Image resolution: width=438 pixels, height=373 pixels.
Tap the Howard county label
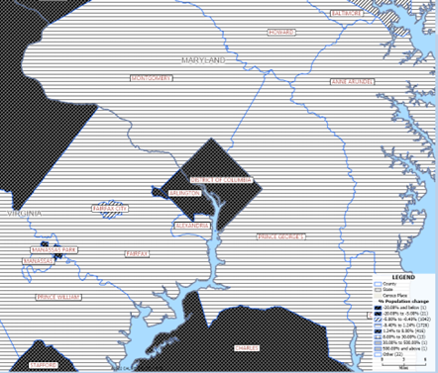281,33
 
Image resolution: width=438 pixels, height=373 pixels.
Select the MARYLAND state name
203,61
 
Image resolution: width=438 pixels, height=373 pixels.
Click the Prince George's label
281,236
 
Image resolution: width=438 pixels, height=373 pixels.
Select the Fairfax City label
109,209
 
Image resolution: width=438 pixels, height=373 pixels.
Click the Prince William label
56,296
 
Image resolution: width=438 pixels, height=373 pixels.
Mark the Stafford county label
43,365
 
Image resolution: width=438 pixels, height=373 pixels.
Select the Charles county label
248,347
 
